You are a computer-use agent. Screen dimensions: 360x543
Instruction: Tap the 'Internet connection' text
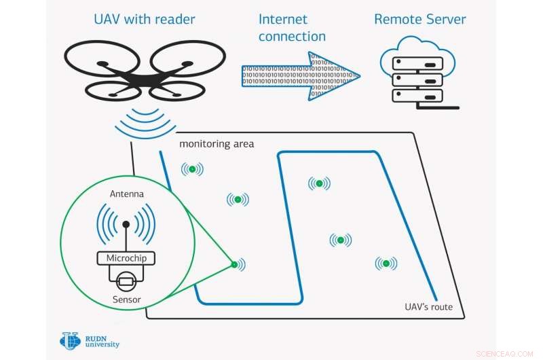(292, 28)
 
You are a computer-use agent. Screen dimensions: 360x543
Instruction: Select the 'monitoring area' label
(217, 144)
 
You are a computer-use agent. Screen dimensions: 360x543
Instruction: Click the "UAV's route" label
(424, 307)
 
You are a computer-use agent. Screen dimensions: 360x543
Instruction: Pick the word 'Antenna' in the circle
(127, 194)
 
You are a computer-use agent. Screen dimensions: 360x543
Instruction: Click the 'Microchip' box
(126, 258)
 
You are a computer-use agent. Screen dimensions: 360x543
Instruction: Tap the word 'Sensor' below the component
(127, 299)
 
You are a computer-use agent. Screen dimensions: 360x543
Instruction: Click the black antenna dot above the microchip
(126, 224)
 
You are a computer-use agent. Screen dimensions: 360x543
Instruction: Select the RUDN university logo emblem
(70, 340)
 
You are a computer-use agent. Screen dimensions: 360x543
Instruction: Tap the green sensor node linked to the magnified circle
(233, 264)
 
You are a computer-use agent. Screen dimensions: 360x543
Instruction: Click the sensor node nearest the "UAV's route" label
(386, 264)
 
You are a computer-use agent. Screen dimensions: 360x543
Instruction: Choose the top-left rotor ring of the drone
(102, 55)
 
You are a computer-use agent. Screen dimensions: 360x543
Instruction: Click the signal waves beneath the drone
(145, 122)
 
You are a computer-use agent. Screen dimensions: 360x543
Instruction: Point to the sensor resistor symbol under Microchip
(126, 280)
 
